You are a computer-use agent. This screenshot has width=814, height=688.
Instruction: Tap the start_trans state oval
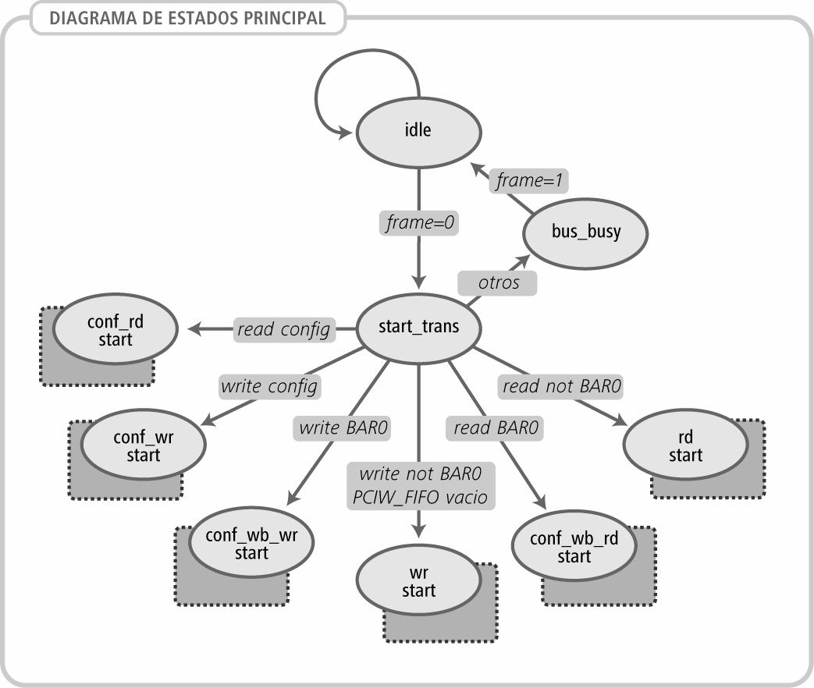tap(418, 327)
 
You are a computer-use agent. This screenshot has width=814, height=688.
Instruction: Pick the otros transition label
tap(498, 282)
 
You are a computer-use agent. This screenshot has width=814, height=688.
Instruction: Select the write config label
tap(269, 385)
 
